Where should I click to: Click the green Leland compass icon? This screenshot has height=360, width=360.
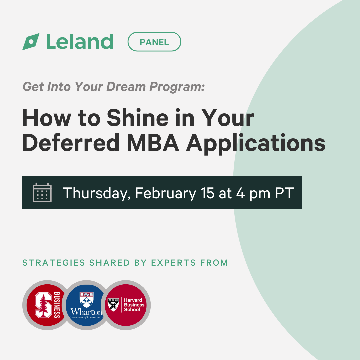tap(31, 42)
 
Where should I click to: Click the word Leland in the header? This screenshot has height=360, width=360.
tap(80, 42)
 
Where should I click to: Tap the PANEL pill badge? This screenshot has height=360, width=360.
tap(154, 42)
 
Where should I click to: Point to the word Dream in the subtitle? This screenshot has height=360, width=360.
tap(126, 87)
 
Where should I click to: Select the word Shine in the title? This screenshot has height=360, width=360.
tap(138, 118)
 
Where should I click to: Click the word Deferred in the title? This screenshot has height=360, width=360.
tap(71, 143)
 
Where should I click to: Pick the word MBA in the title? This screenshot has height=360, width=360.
tap(153, 143)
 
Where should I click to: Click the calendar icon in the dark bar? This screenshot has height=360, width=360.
tap(42, 192)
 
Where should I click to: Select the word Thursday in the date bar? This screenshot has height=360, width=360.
tap(96, 193)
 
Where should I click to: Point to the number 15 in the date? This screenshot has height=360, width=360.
tap(207, 193)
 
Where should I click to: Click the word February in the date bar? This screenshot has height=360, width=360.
tap(166, 193)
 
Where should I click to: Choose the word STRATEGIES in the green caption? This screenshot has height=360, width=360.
tap(54, 263)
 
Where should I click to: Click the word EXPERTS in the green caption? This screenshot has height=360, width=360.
tap(173, 263)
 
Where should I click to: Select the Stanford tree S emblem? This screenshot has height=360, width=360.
tap(43, 305)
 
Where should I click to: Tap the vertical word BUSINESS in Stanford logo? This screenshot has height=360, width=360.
tap(57, 305)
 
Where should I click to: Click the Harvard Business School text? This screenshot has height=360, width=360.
tap(134, 305)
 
